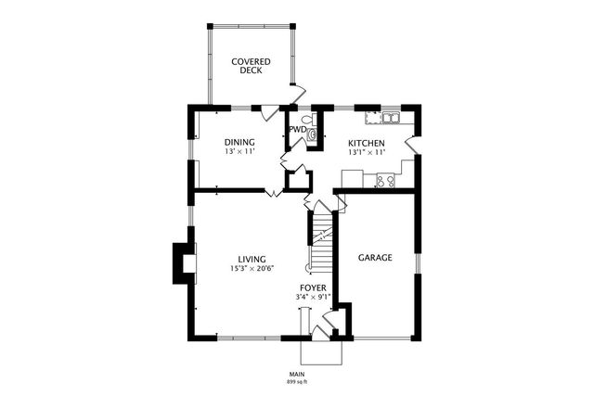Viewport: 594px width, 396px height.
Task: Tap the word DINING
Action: (239, 142)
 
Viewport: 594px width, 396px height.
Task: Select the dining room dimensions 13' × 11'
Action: (239, 151)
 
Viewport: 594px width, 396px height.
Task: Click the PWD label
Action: (298, 130)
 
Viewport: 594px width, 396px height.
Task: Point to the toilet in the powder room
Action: (312, 134)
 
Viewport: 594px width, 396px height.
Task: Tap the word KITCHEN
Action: (367, 142)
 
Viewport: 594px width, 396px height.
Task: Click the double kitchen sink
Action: (388, 118)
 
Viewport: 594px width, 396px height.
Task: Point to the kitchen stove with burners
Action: (385, 180)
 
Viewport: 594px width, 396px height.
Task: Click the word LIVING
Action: (252, 259)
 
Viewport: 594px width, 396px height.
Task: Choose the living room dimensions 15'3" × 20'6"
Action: (252, 269)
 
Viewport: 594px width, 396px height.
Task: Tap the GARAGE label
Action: (375, 257)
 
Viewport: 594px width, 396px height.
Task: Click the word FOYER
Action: (313, 288)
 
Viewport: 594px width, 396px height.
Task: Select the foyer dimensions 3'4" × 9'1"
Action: (313, 298)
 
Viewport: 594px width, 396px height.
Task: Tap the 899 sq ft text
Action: (297, 382)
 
